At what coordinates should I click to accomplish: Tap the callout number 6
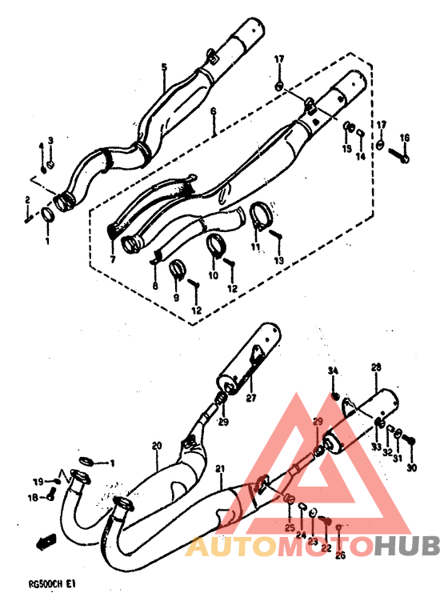[x=214, y=114]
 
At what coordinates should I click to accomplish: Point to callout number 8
[x=154, y=286]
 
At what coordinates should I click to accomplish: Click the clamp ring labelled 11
[x=258, y=214]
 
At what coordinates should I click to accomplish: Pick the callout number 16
[x=405, y=138]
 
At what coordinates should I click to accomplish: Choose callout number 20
[x=157, y=446]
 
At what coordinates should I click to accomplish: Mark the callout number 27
[x=250, y=398]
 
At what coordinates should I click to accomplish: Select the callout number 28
[x=375, y=367]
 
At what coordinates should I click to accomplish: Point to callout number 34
[x=334, y=370]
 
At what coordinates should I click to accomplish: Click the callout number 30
[x=412, y=468]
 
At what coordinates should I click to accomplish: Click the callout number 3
[x=50, y=140]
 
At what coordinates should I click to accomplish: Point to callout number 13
[x=279, y=261]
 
